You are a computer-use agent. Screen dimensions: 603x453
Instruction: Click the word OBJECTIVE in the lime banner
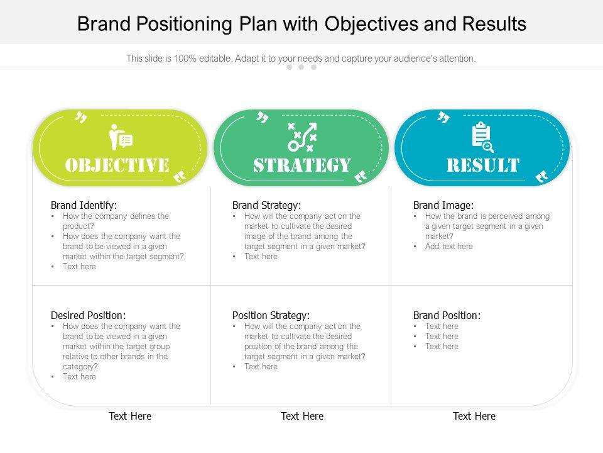click(117, 165)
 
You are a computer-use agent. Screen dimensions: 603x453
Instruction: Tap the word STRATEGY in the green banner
click(301, 165)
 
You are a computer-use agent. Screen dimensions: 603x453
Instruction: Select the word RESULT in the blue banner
click(482, 165)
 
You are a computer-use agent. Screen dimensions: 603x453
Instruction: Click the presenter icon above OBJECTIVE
click(120, 138)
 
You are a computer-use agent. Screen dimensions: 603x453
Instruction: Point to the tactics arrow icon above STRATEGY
click(302, 137)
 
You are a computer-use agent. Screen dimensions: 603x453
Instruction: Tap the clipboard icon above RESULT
click(482, 138)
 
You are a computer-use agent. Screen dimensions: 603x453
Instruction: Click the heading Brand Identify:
click(84, 205)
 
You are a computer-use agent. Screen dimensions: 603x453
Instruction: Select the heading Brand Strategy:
click(266, 205)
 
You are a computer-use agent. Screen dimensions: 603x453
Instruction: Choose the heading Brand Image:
click(443, 205)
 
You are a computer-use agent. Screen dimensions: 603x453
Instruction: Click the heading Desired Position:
click(88, 315)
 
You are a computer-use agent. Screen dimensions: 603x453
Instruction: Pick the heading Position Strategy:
click(271, 315)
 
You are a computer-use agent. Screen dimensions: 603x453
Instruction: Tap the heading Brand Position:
click(447, 315)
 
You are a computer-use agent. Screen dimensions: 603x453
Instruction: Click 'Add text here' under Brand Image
click(448, 247)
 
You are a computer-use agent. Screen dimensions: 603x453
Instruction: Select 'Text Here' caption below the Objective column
click(130, 416)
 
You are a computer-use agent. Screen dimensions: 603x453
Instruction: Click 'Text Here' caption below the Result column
click(474, 416)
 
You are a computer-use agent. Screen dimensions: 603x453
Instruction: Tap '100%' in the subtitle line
click(185, 59)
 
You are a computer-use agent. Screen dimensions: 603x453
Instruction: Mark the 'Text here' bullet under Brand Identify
click(79, 267)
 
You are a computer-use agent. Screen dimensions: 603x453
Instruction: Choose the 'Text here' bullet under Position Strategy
click(261, 367)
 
